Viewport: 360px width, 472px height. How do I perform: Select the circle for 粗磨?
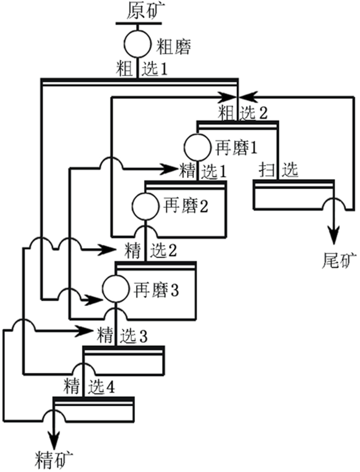(137, 46)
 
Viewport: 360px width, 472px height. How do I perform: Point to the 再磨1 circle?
(197, 147)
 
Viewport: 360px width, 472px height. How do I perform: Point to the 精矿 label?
(55, 457)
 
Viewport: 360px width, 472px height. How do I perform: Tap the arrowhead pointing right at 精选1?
(170, 168)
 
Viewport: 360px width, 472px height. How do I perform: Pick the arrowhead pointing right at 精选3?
(88, 330)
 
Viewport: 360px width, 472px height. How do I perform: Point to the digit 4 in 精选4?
(110, 386)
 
